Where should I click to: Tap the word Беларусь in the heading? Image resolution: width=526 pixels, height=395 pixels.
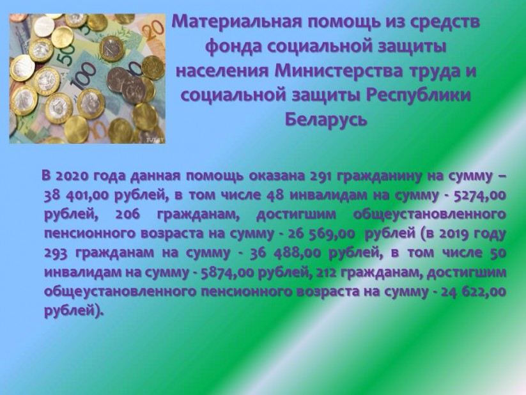tap(326, 119)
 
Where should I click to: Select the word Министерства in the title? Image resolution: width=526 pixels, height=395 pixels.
tap(338, 72)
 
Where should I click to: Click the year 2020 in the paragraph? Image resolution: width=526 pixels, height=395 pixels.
tap(70, 176)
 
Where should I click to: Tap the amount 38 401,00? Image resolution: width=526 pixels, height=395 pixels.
tap(77, 195)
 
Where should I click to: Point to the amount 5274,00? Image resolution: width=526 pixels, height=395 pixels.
tap(479, 195)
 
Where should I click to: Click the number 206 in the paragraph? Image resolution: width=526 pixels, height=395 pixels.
tap(127, 214)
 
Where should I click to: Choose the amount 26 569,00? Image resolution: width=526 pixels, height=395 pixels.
tap(321, 233)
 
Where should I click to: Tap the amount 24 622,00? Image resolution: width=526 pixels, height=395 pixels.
tap(474, 291)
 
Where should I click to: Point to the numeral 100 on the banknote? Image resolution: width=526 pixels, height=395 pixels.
tap(83, 78)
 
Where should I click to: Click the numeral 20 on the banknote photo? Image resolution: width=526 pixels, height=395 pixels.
tap(155, 29)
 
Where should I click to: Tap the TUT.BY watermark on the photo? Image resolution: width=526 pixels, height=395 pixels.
tap(155, 140)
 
